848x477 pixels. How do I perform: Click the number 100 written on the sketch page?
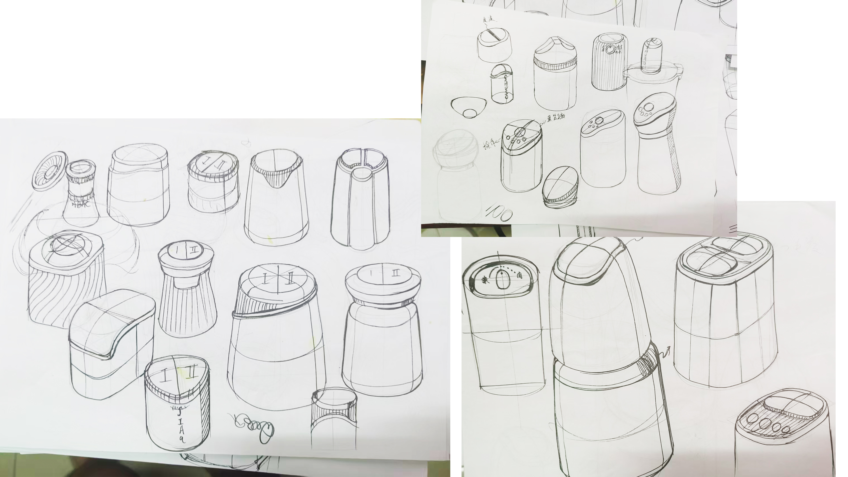(x=499, y=212)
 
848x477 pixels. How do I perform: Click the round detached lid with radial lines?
(x=50, y=171)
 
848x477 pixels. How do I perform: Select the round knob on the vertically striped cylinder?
(x=610, y=49)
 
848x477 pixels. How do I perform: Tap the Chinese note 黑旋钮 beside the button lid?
(x=556, y=117)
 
